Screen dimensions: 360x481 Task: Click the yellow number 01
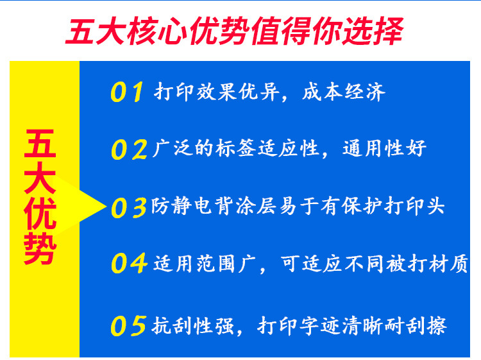click(127, 92)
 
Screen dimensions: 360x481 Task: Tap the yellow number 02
click(128, 150)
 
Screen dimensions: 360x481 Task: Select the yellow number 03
click(129, 207)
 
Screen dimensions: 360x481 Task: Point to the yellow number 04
click(129, 263)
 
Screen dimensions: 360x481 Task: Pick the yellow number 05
click(128, 325)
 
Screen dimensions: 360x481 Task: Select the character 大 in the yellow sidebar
click(40, 180)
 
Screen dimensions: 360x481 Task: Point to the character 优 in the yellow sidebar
click(40, 215)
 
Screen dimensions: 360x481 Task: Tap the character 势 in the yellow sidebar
click(40, 250)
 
